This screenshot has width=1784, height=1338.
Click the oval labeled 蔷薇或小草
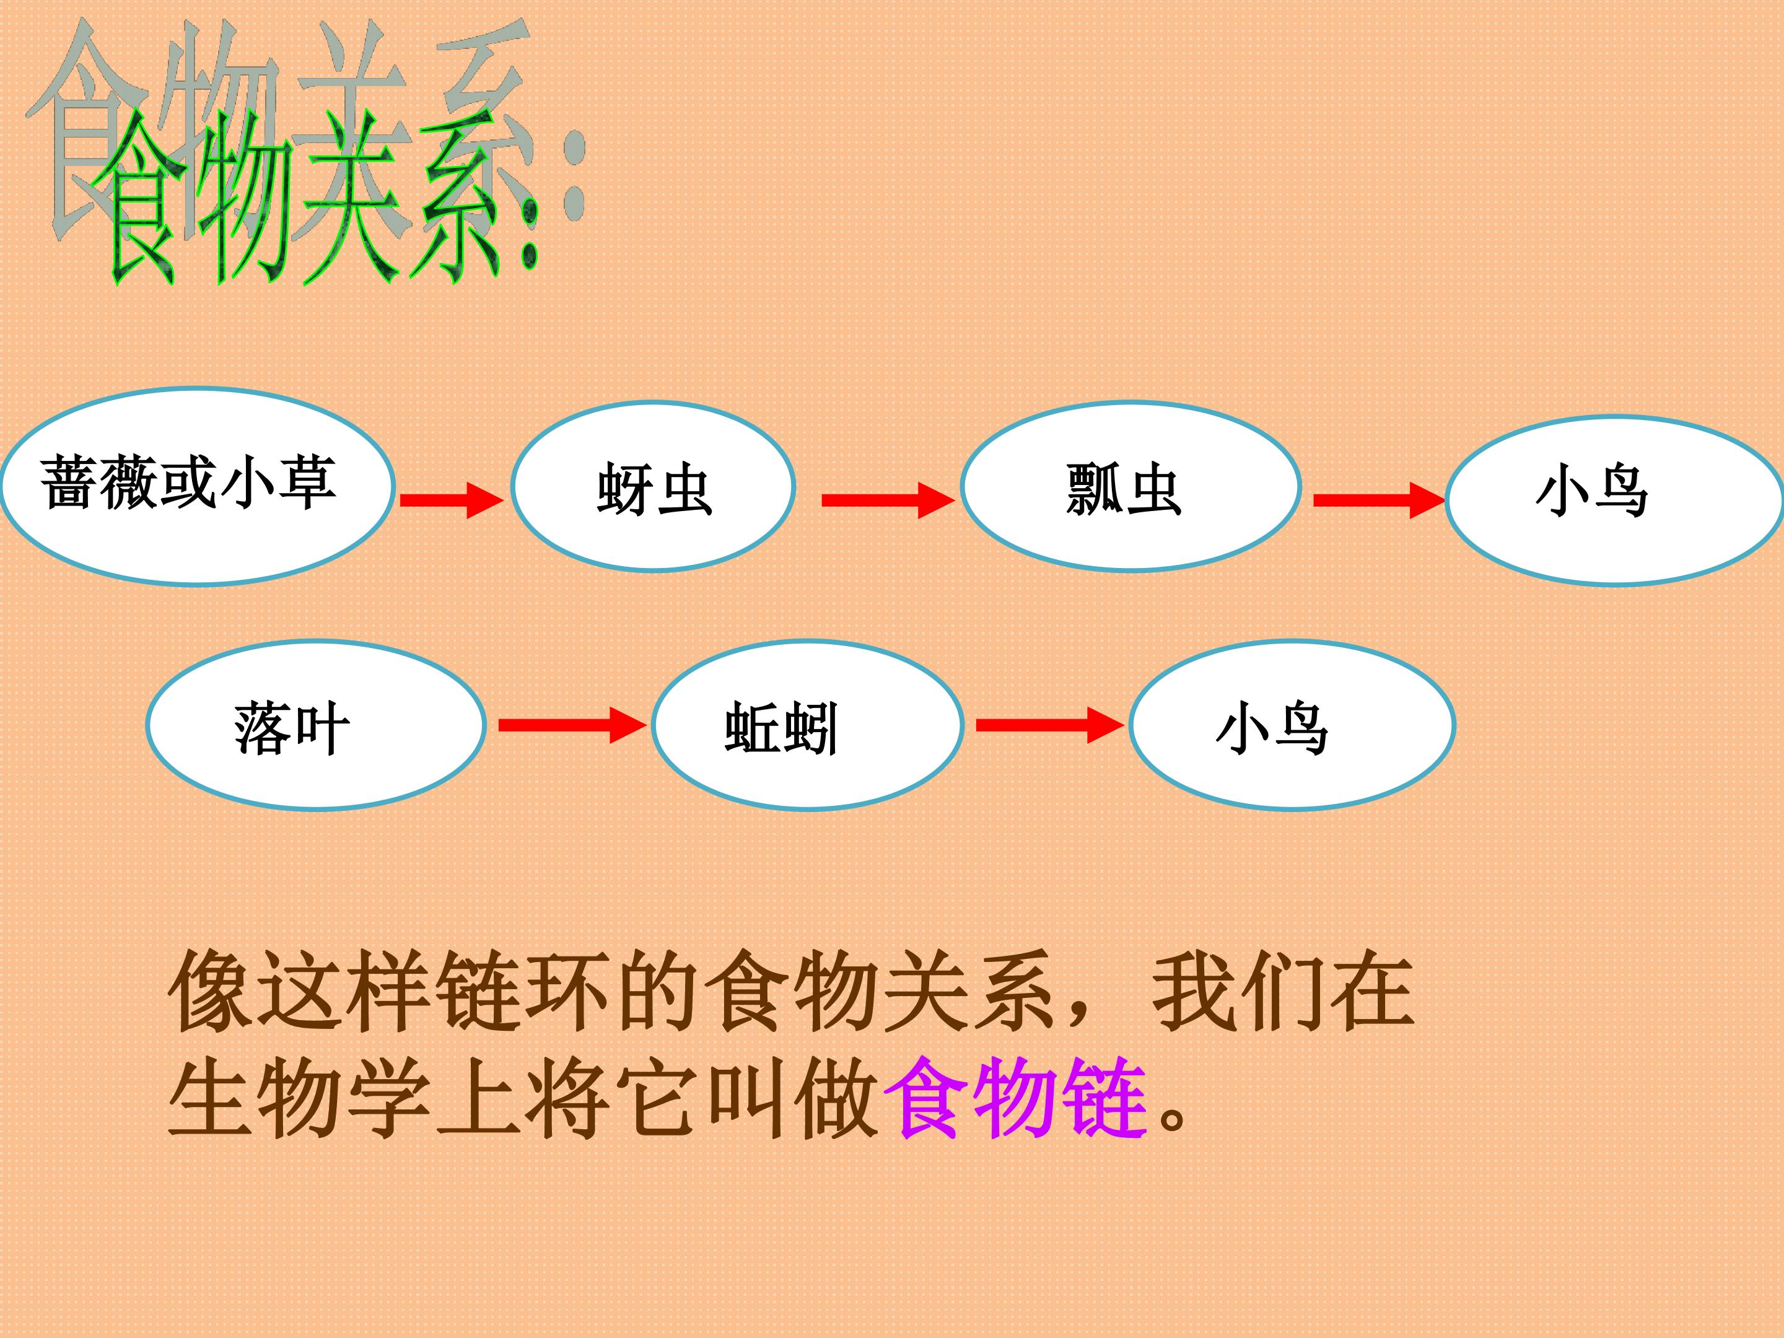(x=198, y=486)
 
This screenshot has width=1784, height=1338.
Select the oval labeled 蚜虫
(x=654, y=486)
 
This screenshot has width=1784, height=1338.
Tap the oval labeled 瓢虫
(x=1130, y=486)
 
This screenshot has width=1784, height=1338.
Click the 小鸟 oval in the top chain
(x=1615, y=500)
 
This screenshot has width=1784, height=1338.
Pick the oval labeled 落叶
(x=316, y=725)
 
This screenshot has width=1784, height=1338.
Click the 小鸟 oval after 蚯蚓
(x=1292, y=725)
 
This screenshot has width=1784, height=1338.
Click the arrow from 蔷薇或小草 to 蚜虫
(x=452, y=500)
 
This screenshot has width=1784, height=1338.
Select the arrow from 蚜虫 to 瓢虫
(x=888, y=500)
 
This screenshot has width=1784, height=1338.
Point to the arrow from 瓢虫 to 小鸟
(x=1379, y=500)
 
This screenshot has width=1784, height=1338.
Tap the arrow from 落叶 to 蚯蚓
(x=572, y=725)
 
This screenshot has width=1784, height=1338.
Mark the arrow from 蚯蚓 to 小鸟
(x=1050, y=725)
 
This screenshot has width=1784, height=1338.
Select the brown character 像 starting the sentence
(x=211, y=990)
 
